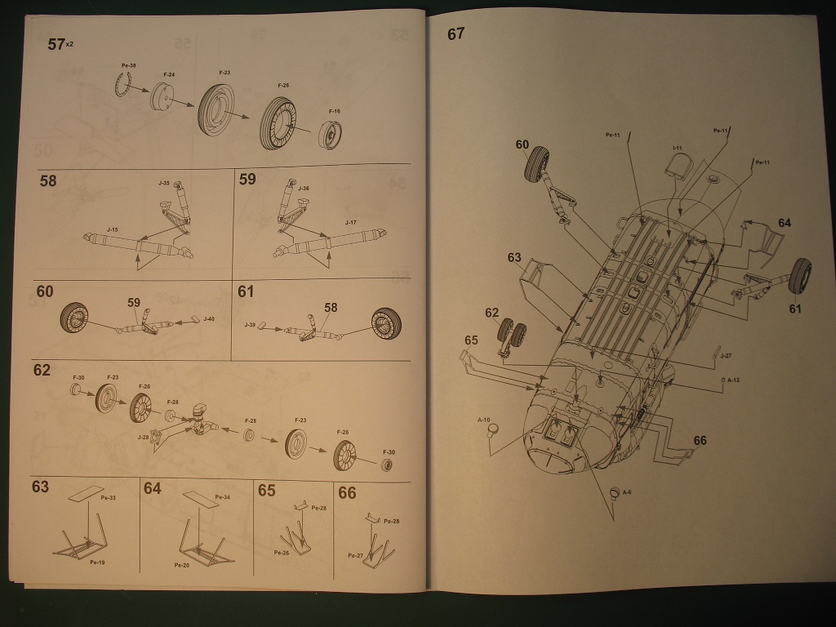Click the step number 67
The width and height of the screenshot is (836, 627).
[x=456, y=33]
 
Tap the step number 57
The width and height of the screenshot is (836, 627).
[x=56, y=45]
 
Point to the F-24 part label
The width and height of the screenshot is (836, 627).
[x=169, y=74]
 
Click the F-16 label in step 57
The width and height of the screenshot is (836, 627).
[x=334, y=110]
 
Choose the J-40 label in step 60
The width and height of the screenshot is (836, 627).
[x=208, y=318]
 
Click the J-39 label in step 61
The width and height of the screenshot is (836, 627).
[x=250, y=325]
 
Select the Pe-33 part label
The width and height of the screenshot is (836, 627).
[x=107, y=497]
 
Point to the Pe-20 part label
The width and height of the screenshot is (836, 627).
[x=180, y=565]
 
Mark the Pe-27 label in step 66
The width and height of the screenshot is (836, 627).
[x=354, y=556]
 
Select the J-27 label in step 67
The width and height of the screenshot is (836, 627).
[x=727, y=356]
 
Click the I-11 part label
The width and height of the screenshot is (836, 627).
[x=677, y=148]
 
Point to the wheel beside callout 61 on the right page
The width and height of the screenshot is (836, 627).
[x=802, y=276]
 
